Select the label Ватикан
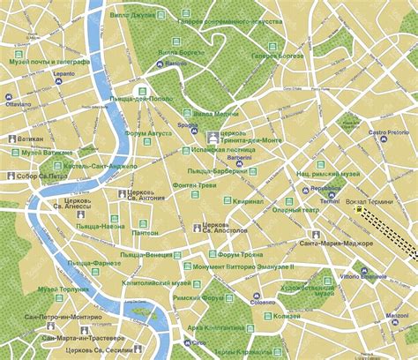point(32,139)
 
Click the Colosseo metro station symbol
point(254,294)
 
